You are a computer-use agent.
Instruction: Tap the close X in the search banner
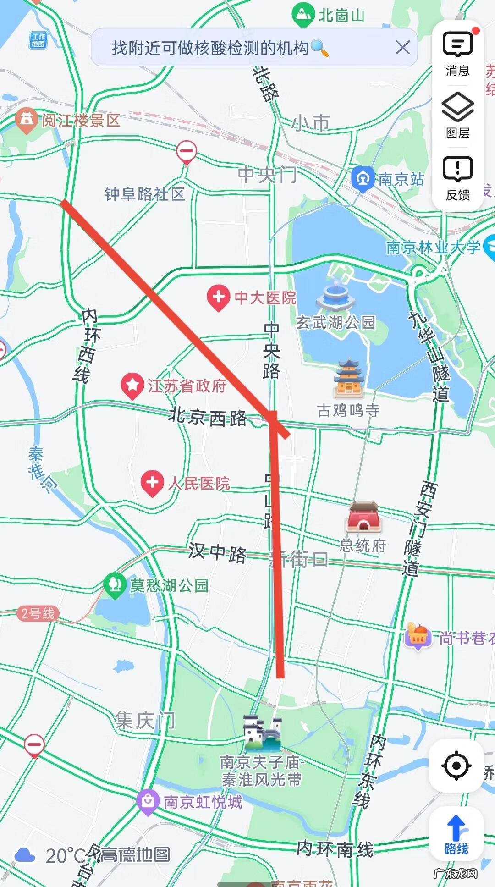(x=402, y=47)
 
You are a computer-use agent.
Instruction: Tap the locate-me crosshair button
(x=456, y=765)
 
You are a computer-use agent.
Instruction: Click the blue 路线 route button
(x=456, y=834)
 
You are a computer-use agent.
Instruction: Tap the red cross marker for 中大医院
(x=218, y=297)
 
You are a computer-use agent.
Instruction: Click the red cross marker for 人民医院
(x=152, y=483)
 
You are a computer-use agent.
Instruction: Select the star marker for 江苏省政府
(x=132, y=385)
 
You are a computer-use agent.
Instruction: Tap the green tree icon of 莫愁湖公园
(x=115, y=584)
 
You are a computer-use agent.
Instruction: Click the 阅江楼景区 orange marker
(x=26, y=119)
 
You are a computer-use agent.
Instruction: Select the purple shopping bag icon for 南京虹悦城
(x=148, y=801)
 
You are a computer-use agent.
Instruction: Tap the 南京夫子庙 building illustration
(x=262, y=732)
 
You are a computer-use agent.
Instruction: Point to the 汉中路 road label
(x=217, y=553)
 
